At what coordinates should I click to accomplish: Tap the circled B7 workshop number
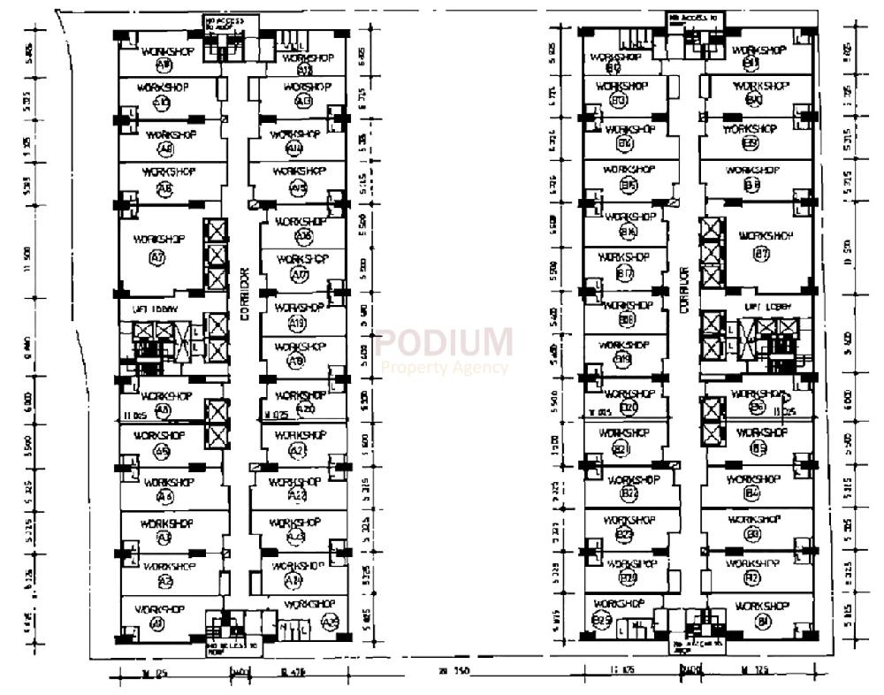tap(762, 254)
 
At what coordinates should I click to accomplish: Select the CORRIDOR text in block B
tap(683, 291)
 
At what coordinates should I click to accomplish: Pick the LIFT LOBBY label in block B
tap(766, 306)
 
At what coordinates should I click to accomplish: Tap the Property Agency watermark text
tap(444, 367)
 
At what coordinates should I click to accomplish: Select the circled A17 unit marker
tap(300, 276)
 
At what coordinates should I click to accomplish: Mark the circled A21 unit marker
tap(297, 451)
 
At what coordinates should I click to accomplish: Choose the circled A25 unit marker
tap(331, 622)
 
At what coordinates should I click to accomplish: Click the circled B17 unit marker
tap(626, 273)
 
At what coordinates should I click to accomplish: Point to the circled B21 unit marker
tap(621, 450)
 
